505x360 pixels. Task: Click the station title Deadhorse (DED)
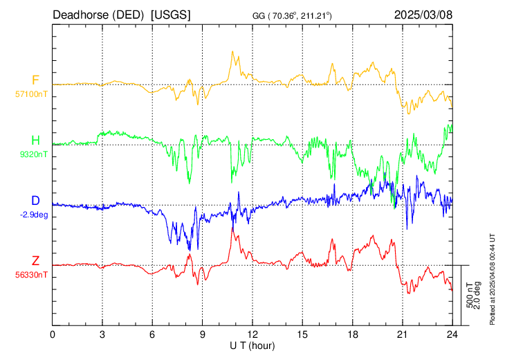pyautogui.click(x=98, y=15)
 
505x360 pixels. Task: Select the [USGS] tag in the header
pyautogui.click(x=171, y=15)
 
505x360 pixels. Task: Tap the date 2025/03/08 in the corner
pyautogui.click(x=423, y=15)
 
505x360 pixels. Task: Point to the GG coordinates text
pyautogui.click(x=292, y=15)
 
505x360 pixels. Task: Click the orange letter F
pyautogui.click(x=35, y=80)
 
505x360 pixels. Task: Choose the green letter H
pyautogui.click(x=35, y=141)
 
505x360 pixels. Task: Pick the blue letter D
pyautogui.click(x=35, y=201)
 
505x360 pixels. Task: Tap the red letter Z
pyautogui.click(x=35, y=261)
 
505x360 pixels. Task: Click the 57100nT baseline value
pyautogui.click(x=31, y=94)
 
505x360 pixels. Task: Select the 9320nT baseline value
pyautogui.click(x=34, y=154)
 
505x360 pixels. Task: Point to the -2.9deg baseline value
pyautogui.click(x=34, y=215)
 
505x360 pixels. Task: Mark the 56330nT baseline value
pyautogui.click(x=31, y=275)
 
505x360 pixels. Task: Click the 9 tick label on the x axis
pyautogui.click(x=202, y=335)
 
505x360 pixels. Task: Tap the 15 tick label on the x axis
pyautogui.click(x=302, y=335)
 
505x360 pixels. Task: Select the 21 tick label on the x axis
pyautogui.click(x=402, y=335)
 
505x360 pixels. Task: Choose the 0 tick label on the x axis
pyautogui.click(x=53, y=335)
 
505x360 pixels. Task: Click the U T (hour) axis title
pyautogui.click(x=252, y=346)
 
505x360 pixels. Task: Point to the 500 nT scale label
pyautogui.click(x=470, y=295)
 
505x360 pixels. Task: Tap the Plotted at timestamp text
pyautogui.click(x=492, y=279)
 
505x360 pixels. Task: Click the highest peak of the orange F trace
pyautogui.click(x=232, y=51)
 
